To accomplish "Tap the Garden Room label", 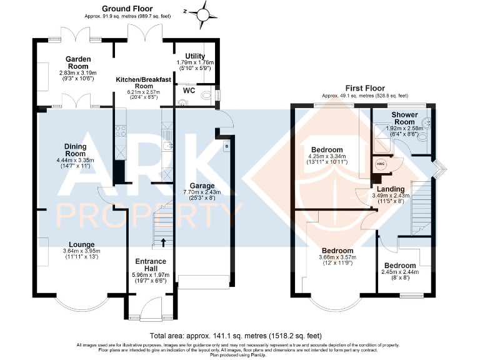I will [x=79, y=62].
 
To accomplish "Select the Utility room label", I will [x=195, y=56].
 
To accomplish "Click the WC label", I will [x=189, y=90].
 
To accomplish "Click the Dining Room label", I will [x=76, y=149].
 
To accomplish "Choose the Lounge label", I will [x=82, y=244].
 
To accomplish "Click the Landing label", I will [x=391, y=189].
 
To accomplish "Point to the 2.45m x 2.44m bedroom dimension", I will [x=400, y=272].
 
